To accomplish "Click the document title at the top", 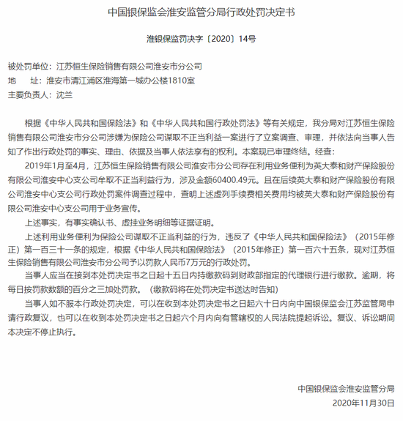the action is coord(201,12).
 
